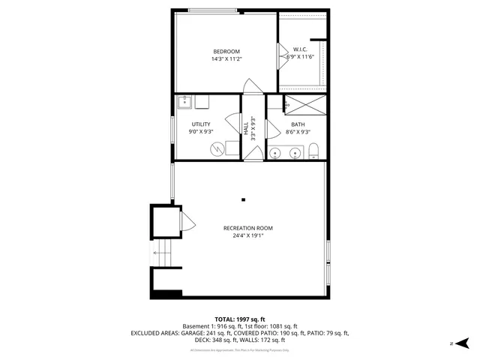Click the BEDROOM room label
pyautogui.click(x=226, y=51)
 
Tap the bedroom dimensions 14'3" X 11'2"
pyautogui.click(x=226, y=58)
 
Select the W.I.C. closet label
pyautogui.click(x=302, y=50)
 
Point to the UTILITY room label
pyautogui.click(x=201, y=124)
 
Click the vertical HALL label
pyautogui.click(x=246, y=128)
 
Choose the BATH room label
pyautogui.click(x=298, y=124)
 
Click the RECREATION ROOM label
pyautogui.click(x=247, y=228)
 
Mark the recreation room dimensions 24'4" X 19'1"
pyautogui.click(x=247, y=235)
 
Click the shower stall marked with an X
pyautogui.click(x=304, y=104)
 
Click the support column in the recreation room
pyautogui.click(x=244, y=199)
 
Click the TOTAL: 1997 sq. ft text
pyautogui.click(x=240, y=319)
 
